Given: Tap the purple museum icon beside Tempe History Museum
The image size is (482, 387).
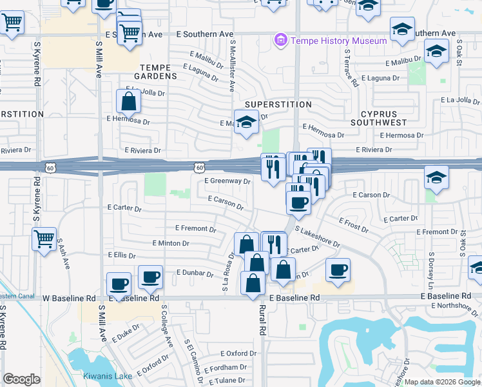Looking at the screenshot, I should (x=280, y=41).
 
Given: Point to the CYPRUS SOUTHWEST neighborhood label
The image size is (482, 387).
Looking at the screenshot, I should (x=379, y=117).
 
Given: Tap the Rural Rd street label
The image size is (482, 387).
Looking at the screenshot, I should (x=263, y=320).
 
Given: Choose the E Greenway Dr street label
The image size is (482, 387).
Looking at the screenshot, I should (x=227, y=182).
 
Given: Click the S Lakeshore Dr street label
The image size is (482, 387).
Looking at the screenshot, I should (x=318, y=236).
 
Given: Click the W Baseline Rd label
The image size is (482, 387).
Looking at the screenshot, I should (x=69, y=299).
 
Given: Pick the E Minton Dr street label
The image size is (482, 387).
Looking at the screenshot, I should (x=170, y=243).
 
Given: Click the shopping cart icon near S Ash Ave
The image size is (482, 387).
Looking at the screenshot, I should (x=44, y=240).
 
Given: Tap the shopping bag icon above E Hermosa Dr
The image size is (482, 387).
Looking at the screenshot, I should (x=128, y=101).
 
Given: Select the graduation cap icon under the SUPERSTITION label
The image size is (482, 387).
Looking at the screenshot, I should (x=246, y=123).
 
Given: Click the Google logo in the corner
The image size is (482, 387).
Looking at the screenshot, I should (x=22, y=379).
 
